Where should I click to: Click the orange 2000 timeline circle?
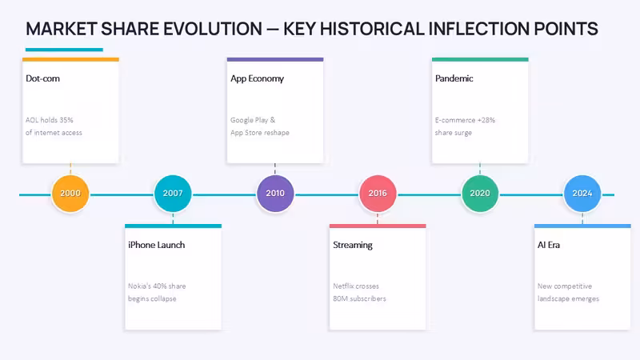pos(70,194)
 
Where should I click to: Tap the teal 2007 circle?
pos(173,194)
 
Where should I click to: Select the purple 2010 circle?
pos(275,194)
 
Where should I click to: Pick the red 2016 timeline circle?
pos(378,194)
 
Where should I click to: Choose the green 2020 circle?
pos(480,194)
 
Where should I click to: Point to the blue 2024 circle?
pos(582,194)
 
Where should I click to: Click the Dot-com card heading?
pos(43,78)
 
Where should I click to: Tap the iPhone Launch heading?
pos(156,245)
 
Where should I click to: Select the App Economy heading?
pos(257,78)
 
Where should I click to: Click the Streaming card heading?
pos(353,246)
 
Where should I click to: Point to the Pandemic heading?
pos(454,78)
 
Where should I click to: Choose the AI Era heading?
pos(549,245)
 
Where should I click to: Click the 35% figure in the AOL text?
pos(66,120)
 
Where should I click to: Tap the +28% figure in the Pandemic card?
pos(486,120)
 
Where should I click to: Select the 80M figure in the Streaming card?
pos(341,298)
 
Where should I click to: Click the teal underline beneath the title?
pos(64,50)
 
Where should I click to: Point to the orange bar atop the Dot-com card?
pos(70,59)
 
